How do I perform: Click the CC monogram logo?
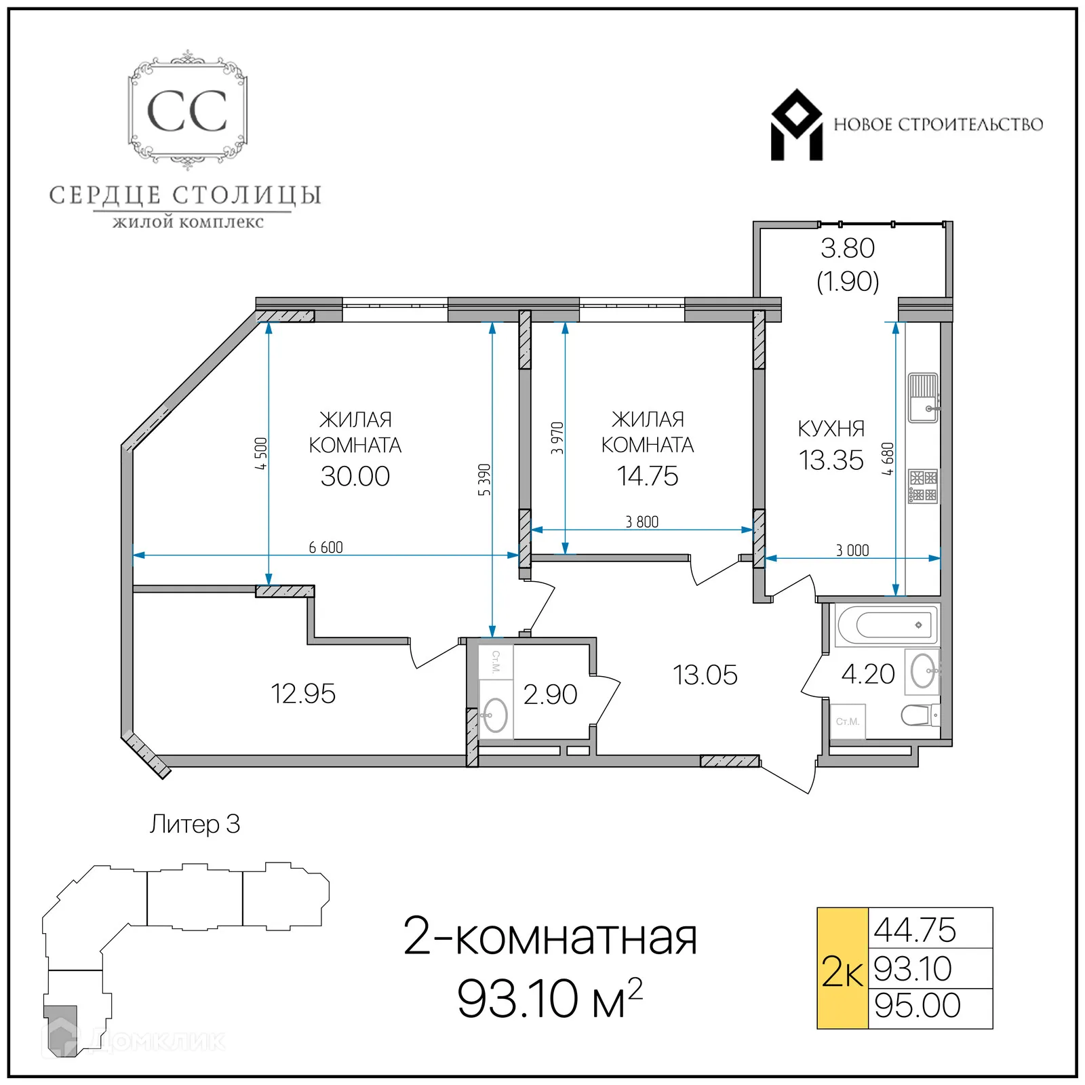coord(187,111)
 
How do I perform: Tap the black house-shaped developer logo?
coord(796,125)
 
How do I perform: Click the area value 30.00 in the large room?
coord(355,476)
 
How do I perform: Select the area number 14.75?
coord(647,476)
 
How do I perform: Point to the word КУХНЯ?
coord(831,429)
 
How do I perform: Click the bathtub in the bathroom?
coord(887,625)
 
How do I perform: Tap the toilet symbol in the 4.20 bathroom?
coord(920,715)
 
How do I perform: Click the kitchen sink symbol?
coord(923,397)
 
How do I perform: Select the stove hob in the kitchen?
coord(923,486)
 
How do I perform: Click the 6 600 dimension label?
coord(325,547)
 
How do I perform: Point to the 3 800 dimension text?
coord(642,521)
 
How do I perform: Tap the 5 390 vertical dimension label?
coord(484,479)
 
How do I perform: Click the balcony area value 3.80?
coord(848,248)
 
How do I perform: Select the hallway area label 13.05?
coord(705,675)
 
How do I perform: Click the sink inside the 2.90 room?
coord(495,715)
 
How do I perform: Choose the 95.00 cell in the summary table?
coord(917,1005)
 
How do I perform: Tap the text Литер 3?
coord(195,824)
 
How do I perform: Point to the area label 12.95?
coord(302,694)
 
